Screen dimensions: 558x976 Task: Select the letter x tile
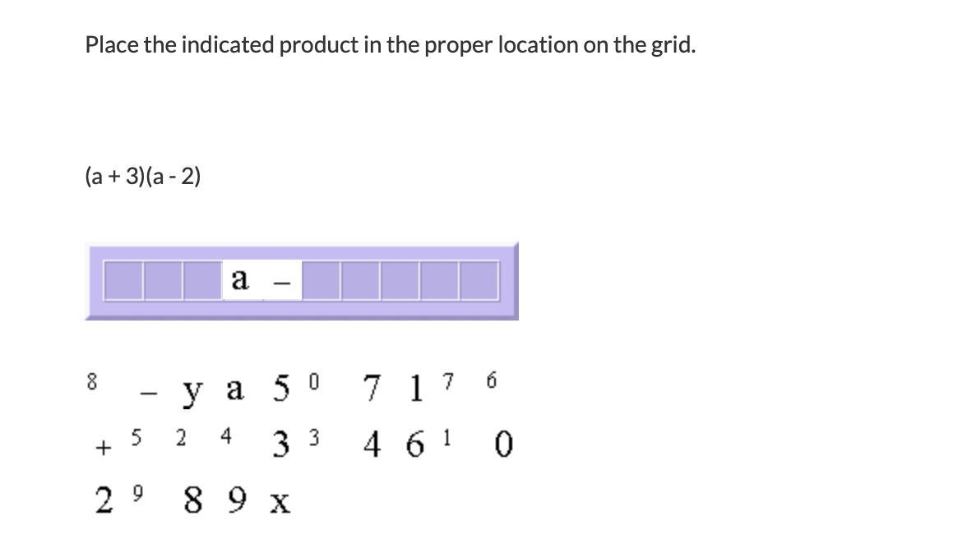(280, 501)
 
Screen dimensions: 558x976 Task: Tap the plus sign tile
(103, 448)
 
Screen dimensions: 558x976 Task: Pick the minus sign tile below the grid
(148, 394)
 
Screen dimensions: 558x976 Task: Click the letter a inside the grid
(240, 280)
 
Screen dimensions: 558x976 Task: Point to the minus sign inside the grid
(281, 283)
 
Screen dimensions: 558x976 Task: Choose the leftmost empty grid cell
(123, 280)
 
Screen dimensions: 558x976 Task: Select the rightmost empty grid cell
(479, 280)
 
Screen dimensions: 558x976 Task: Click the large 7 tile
(372, 388)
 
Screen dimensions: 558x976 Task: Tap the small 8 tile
(92, 381)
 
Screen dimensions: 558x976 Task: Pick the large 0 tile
(504, 445)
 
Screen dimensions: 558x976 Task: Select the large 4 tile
(372, 445)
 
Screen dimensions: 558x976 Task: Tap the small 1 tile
(446, 437)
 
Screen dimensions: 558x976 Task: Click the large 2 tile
(104, 500)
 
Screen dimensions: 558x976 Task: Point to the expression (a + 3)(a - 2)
(143, 176)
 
